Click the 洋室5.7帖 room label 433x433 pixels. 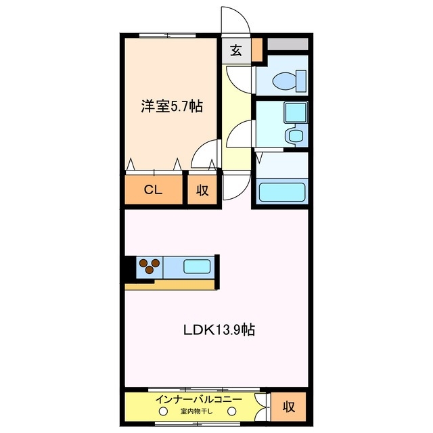(x=171, y=106)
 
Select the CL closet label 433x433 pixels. (x=153, y=190)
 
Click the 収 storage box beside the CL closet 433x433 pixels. (x=202, y=190)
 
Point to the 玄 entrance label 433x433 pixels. (x=235, y=50)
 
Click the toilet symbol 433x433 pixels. (x=287, y=81)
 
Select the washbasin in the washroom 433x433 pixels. (x=294, y=135)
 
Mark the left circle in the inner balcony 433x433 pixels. (x=163, y=411)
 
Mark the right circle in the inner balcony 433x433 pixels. (x=231, y=411)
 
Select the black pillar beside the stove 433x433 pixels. (x=129, y=268)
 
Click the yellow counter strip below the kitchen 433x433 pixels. (x=170, y=284)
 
